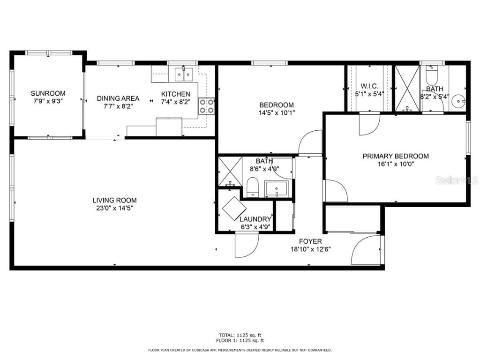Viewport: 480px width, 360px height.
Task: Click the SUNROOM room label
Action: (x=48, y=93)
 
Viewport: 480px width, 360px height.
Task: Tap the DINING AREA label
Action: (x=118, y=98)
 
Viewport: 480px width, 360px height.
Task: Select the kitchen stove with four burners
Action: (x=206, y=106)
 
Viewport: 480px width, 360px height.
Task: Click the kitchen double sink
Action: (x=183, y=74)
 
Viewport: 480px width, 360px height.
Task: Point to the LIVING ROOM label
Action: (x=114, y=200)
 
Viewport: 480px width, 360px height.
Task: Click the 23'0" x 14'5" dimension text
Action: (x=114, y=208)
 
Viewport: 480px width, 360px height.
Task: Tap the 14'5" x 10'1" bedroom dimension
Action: (x=277, y=112)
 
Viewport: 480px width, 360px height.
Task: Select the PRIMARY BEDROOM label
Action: (x=395, y=156)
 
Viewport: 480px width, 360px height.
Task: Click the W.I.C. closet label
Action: (x=369, y=86)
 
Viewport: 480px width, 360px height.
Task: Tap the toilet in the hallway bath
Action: (x=253, y=187)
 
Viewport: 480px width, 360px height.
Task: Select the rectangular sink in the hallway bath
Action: (x=277, y=188)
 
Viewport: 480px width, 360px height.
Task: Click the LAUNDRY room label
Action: (x=255, y=219)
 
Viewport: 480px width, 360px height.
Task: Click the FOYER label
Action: (x=310, y=241)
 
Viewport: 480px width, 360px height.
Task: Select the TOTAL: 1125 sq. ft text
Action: (x=240, y=335)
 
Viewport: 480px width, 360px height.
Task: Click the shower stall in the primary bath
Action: (x=407, y=88)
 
